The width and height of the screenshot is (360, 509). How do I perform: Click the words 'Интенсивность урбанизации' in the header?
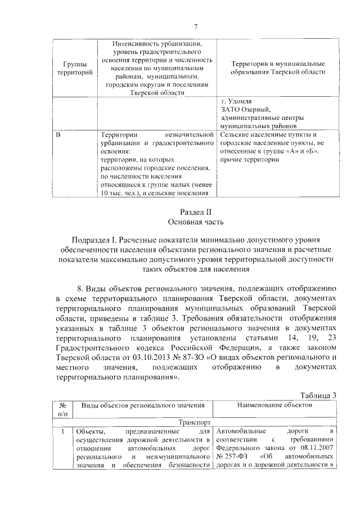(157, 43)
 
